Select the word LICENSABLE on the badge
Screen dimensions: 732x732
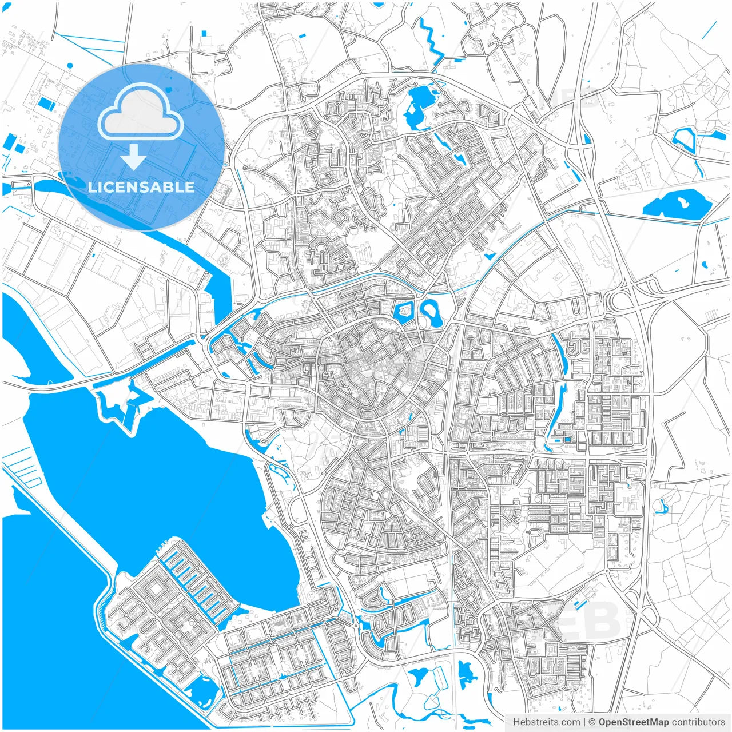point(141,187)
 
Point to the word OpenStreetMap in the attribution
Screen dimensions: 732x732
point(633,722)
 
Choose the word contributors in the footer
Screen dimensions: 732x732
point(698,722)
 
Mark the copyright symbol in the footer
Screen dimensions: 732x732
point(592,722)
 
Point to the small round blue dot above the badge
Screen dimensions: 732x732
point(70,66)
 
